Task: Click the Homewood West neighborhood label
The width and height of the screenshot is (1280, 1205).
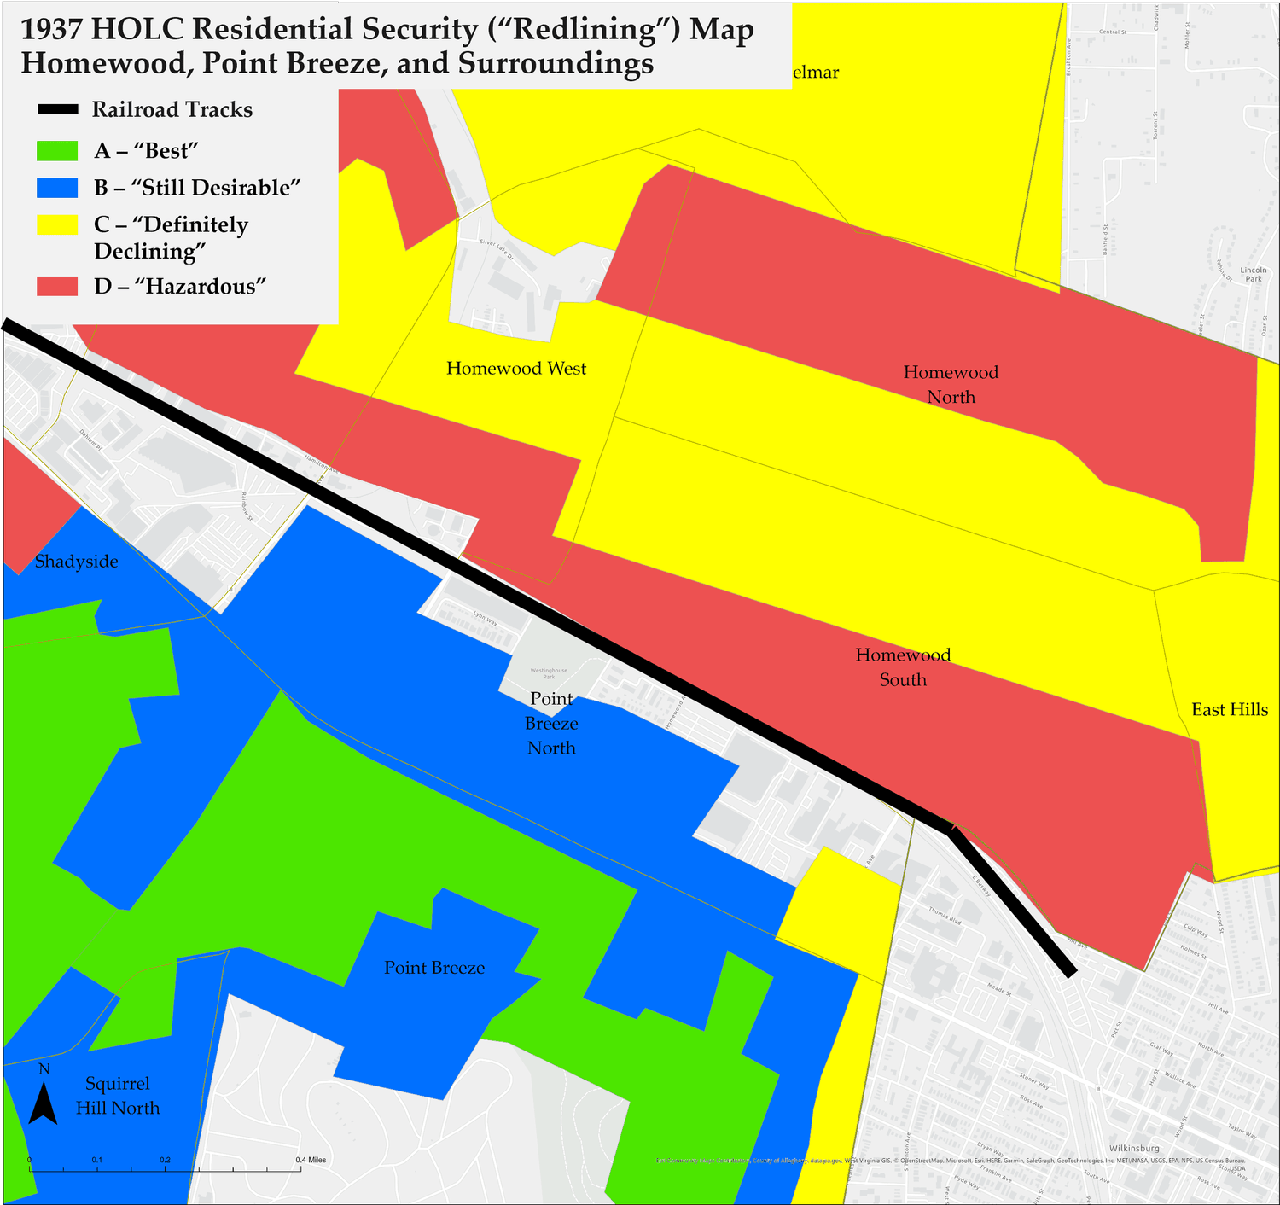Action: tap(516, 369)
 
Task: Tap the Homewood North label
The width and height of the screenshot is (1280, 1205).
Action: tap(951, 384)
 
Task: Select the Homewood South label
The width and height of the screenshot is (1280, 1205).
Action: tap(903, 667)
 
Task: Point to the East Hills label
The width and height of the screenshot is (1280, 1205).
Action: tap(1229, 710)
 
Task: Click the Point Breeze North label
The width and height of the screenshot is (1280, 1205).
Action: tap(551, 723)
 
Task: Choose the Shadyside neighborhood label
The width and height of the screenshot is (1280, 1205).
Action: tap(77, 562)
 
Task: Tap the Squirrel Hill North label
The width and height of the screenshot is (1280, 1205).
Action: tap(118, 1096)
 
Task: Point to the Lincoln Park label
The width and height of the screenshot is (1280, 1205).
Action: tap(1254, 274)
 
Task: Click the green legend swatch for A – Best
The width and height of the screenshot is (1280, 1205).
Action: tap(57, 151)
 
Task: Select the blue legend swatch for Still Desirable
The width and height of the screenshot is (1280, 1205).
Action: tap(57, 188)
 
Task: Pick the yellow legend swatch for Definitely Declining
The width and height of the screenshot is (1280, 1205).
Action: tap(57, 224)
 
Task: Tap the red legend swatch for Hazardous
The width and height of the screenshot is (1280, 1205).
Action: tap(57, 286)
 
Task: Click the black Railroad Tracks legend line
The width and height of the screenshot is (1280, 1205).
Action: tap(57, 109)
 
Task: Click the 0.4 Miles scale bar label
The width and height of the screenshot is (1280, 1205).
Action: tap(311, 1160)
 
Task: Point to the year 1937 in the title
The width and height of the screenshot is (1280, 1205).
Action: tap(50, 30)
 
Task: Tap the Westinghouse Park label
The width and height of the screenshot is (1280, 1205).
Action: tap(549, 673)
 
